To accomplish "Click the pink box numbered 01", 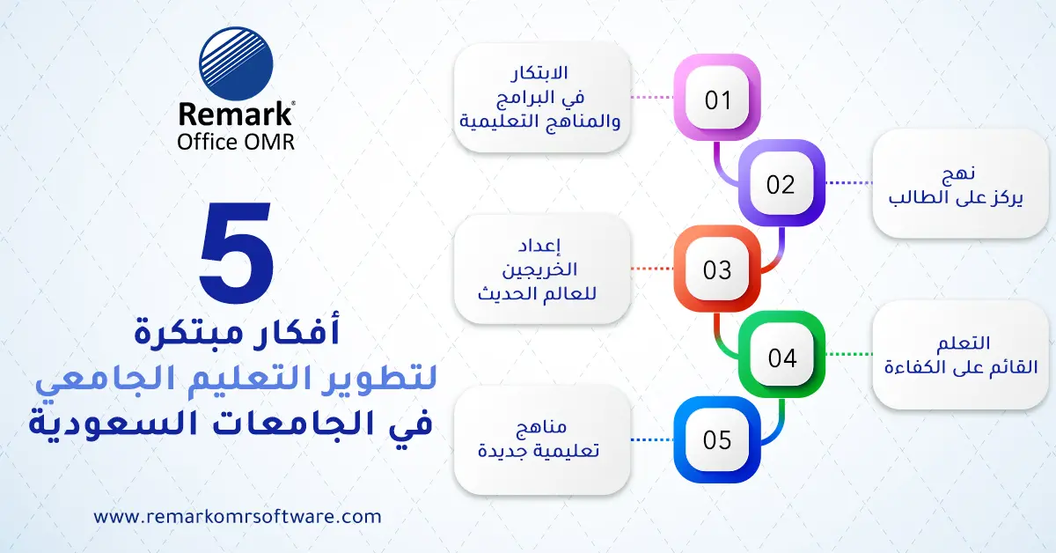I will pos(717,99).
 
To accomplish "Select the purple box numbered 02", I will pos(781,184).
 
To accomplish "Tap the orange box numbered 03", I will pos(717,269).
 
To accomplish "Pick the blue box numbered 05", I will pos(717,440).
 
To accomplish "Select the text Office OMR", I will pos(236,141).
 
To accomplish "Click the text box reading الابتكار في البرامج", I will pos(542,99).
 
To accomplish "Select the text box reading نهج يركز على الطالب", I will pos(961,185).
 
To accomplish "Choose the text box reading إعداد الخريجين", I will pos(542,269).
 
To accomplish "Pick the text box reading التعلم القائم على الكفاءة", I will pos(961,355).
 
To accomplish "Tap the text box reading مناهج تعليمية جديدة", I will pos(542,440).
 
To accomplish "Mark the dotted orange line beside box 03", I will pos(652,269).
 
